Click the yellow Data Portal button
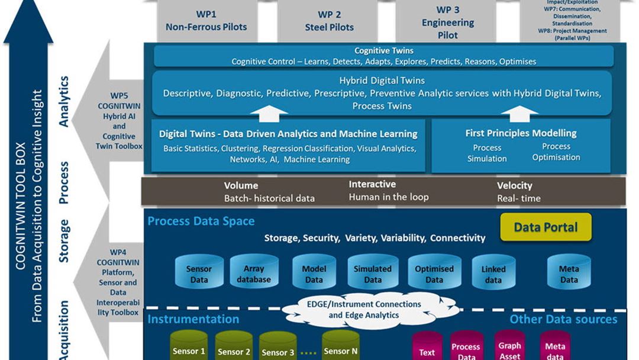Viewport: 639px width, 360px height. coord(546,227)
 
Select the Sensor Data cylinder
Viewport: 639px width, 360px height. coord(199,273)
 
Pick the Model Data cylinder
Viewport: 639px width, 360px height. coord(314,273)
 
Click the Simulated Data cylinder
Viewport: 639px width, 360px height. coord(373,273)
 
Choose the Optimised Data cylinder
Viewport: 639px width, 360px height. coord(434,273)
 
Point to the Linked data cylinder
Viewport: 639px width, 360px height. coord(493,274)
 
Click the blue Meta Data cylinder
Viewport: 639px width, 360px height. coord(569,273)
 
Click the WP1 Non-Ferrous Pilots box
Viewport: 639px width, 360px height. coord(206,21)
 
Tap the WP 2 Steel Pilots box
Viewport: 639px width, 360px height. coord(330,21)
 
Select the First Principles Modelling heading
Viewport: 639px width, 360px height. coord(521,133)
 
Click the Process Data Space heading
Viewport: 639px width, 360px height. coord(201,221)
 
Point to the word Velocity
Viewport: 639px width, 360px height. coord(514,185)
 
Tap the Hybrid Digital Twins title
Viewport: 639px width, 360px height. coord(382,81)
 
